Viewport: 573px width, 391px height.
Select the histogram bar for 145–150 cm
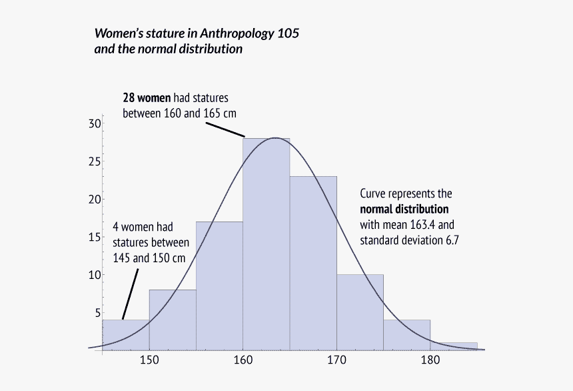coord(125,334)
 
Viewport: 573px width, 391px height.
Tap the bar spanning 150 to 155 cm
coord(173,320)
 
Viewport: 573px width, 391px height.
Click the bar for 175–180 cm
coord(406,334)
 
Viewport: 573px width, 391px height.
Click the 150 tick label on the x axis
coord(149,361)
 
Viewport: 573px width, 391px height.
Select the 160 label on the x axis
coord(243,361)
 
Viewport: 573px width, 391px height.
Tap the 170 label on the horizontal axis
coord(336,361)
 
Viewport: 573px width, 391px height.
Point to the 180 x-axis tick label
coord(430,361)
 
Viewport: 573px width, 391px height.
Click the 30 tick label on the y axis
coord(94,123)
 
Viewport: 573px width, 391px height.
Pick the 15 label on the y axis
coord(94,237)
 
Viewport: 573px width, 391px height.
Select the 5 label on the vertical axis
coord(97,312)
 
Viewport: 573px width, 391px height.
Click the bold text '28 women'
coord(143,97)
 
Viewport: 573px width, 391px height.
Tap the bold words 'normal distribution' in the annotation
coord(404,209)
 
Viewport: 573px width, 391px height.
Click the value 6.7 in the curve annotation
coord(452,239)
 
